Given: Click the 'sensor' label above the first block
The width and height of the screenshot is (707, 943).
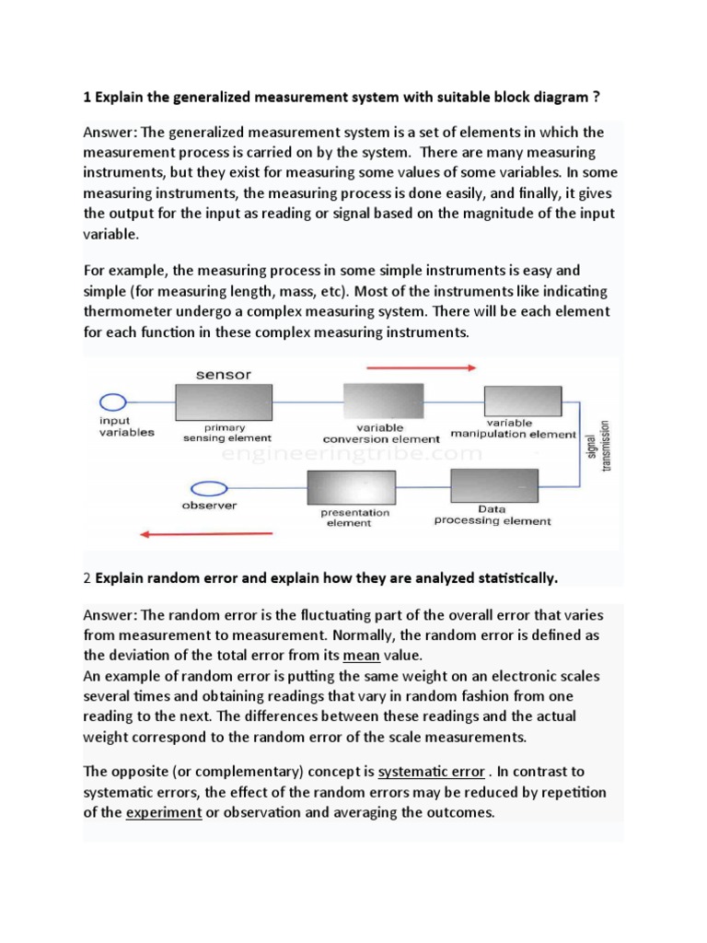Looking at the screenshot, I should pyautogui.click(x=223, y=375).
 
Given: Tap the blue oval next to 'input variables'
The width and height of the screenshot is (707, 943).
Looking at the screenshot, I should pyautogui.click(x=112, y=402).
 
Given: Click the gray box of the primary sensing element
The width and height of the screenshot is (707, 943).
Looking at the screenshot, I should pyautogui.click(x=223, y=402).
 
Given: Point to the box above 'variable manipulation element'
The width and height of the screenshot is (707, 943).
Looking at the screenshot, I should pyautogui.click(x=522, y=402).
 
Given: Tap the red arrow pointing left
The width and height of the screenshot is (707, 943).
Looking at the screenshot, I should pyautogui.click(x=206, y=533).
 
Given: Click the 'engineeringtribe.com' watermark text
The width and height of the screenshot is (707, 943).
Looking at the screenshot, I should pyautogui.click(x=352, y=454).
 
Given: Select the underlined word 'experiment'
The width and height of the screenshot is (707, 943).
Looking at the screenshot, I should pyautogui.click(x=164, y=812).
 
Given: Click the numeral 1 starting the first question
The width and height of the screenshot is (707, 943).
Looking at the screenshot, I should pyautogui.click(x=87, y=99).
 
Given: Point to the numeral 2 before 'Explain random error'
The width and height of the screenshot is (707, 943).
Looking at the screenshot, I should pyautogui.click(x=87, y=578).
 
